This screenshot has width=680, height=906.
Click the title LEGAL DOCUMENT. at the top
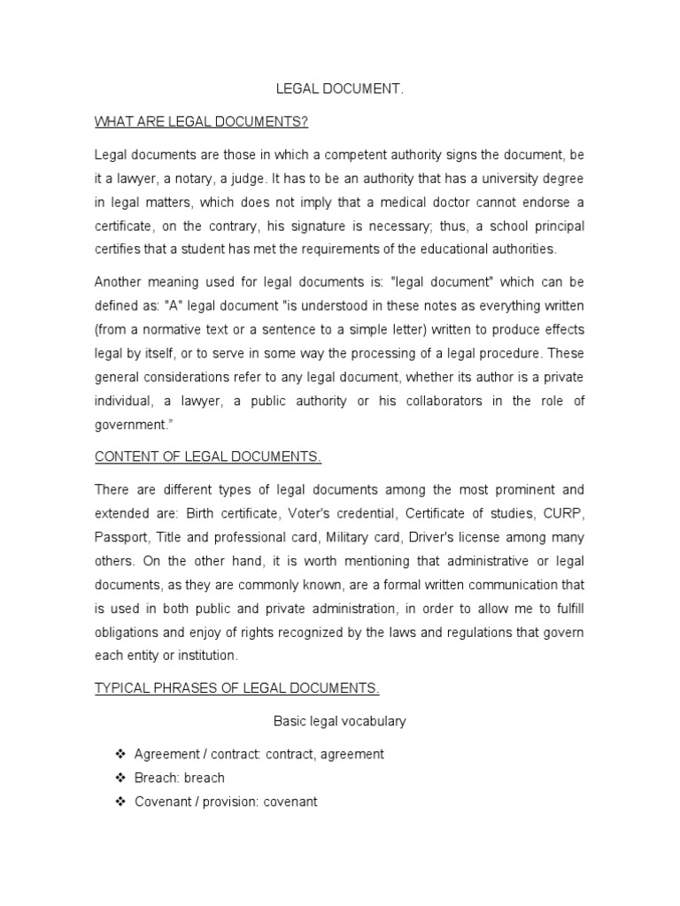340,90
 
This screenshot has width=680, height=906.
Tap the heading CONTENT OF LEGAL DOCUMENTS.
207,457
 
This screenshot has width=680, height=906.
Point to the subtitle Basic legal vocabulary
340,721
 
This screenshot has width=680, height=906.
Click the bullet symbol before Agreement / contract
120,754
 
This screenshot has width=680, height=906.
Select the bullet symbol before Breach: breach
120,778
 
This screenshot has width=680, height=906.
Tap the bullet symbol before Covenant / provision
120,802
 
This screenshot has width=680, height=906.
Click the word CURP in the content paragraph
567,513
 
